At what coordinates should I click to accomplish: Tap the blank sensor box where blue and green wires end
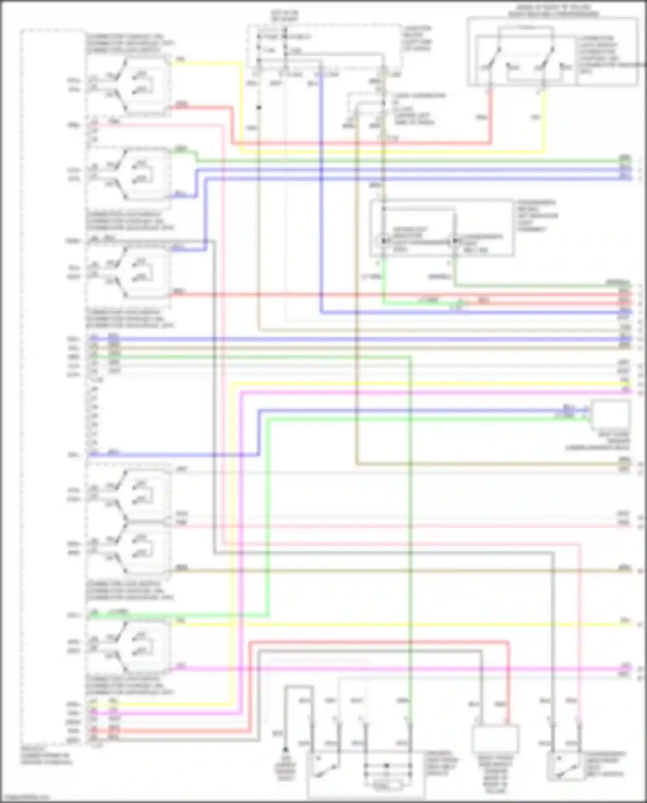coord(610,414)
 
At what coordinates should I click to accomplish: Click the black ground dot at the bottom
coord(285,750)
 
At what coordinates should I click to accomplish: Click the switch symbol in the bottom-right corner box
coord(565,767)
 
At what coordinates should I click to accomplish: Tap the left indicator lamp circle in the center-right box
coord(383,241)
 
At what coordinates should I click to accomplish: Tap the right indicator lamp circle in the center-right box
coord(454,241)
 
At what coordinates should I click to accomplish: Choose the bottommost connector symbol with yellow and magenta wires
coord(129,646)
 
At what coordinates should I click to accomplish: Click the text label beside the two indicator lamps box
coord(537,216)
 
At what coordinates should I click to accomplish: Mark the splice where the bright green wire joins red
coord(460,303)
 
